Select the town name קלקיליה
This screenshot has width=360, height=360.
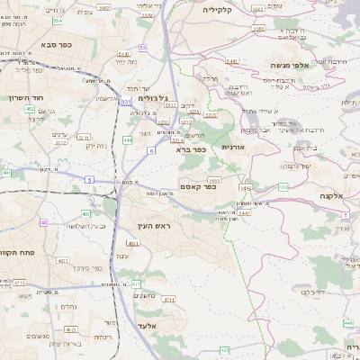[218, 9]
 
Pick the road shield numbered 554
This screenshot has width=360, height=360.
[58, 20]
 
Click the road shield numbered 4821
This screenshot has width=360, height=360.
[133, 243]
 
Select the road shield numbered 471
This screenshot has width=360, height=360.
[137, 283]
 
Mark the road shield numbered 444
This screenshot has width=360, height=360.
[129, 140]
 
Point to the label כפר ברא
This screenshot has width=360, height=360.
[193, 149]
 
